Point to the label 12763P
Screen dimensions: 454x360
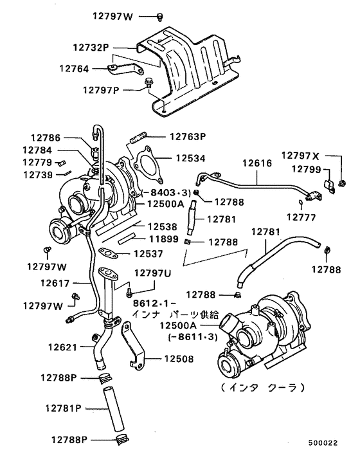pos(187,136)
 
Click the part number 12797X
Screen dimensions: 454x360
pos(300,156)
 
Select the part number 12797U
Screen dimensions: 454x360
pos(152,274)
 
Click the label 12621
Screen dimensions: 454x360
pos(62,347)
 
